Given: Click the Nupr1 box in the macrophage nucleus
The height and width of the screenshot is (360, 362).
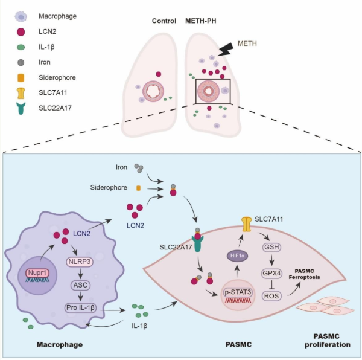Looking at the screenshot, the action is click(x=37, y=273).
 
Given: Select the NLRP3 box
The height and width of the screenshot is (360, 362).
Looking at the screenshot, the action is click(x=80, y=262).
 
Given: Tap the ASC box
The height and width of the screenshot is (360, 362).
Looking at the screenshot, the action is click(x=80, y=285).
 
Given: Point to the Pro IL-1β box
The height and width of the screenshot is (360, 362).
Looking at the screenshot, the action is click(x=80, y=308).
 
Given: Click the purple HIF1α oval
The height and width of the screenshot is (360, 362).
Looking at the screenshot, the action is click(x=238, y=256).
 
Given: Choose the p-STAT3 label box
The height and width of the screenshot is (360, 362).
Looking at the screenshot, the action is click(x=238, y=292).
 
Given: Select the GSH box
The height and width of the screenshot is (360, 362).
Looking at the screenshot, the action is click(x=271, y=247).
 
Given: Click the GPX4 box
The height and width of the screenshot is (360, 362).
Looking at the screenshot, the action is click(x=271, y=274).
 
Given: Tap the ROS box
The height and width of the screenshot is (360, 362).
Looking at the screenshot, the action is click(x=271, y=296).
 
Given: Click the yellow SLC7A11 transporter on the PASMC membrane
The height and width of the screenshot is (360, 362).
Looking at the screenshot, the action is click(x=246, y=224).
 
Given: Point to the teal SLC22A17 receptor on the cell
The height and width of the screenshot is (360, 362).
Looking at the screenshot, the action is click(x=197, y=244).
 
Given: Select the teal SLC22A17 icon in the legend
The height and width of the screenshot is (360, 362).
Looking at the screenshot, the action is click(x=21, y=108).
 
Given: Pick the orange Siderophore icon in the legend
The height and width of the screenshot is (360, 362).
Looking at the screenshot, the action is click(x=21, y=78).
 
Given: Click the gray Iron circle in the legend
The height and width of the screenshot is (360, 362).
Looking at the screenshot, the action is click(x=21, y=62).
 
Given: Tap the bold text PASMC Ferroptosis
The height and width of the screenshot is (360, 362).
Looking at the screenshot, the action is click(x=304, y=274).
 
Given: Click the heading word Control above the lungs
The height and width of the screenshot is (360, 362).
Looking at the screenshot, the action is click(x=164, y=21).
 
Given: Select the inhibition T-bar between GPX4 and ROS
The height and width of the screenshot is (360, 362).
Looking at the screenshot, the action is click(x=271, y=284).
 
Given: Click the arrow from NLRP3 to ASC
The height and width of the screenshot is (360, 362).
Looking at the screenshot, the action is click(x=80, y=273).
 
